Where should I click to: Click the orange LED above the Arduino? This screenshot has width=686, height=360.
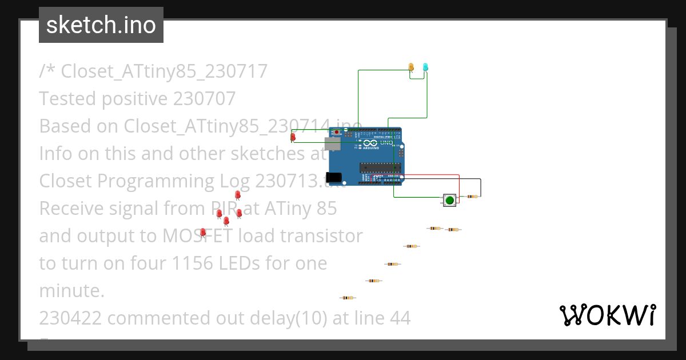411,67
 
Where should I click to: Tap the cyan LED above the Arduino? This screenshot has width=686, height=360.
425,67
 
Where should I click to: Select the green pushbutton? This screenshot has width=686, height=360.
450,199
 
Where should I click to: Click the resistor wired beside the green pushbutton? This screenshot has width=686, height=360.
472,197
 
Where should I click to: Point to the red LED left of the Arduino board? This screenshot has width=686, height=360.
293,137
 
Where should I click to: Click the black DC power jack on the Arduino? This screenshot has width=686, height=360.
333,178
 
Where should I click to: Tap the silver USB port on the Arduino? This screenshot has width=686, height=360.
332,143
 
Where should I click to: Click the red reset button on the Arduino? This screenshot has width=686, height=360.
337,133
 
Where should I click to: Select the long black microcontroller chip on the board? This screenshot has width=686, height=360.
379,167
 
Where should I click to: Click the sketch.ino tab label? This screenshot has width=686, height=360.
101,25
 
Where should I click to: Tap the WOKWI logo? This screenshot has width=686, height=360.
607,315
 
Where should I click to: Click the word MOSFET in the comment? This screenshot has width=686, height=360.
197,235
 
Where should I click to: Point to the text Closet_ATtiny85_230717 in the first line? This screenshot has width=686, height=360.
164,71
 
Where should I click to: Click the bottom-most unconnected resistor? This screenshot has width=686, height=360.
347,298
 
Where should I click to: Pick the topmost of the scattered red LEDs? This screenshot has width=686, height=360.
238,195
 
